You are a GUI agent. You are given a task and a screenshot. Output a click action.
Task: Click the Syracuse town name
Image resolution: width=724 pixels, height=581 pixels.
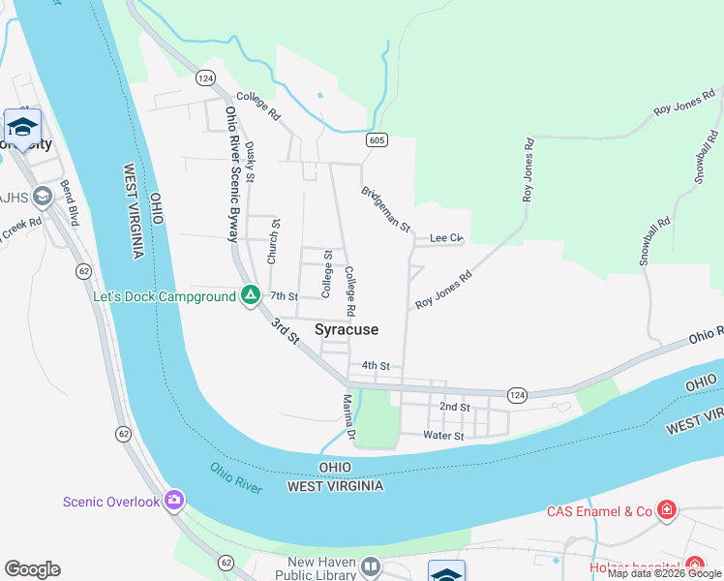pos(347,330)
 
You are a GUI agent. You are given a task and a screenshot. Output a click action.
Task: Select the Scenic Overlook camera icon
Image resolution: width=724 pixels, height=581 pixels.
pos(175,501)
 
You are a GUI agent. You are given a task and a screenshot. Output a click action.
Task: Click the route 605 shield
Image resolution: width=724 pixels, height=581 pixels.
pos(377,140)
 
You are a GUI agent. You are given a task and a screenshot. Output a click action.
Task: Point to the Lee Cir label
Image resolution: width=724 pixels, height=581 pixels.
pos(447,237)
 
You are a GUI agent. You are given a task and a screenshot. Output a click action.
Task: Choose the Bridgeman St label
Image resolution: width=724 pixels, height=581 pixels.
pos(386,208)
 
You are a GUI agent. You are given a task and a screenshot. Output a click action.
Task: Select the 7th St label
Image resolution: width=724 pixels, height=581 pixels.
pos(284,296)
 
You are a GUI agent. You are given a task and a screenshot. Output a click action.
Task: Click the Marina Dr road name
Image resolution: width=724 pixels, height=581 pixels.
pos(350,417)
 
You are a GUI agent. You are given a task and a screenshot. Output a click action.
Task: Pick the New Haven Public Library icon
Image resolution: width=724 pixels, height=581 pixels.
pos(371,566)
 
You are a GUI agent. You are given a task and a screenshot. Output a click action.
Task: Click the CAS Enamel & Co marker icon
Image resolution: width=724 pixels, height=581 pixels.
pos(666,510)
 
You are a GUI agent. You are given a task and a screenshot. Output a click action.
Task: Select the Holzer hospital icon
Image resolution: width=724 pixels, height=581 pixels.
pos(694,566)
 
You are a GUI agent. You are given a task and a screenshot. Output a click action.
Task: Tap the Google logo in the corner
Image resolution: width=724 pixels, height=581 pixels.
pos(32,569)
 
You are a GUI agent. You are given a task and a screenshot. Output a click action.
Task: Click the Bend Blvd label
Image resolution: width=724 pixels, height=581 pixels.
pos(71,198)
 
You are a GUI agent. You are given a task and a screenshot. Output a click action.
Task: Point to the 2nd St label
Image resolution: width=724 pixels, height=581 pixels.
pos(454,408)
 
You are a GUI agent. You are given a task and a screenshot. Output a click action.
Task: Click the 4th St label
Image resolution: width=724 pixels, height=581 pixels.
pos(375,366)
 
